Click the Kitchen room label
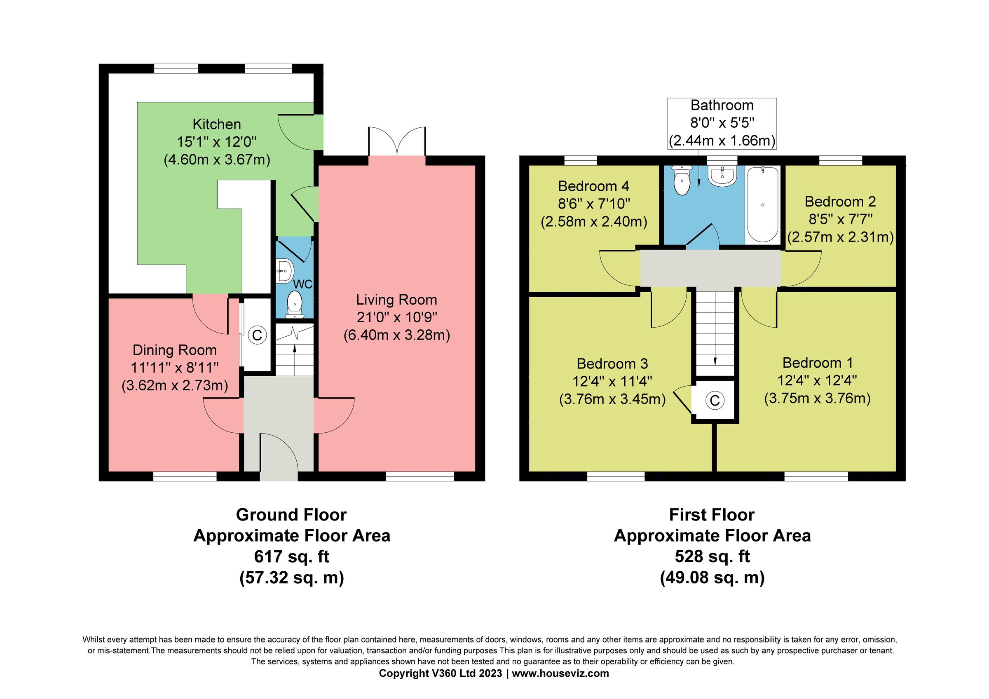click(x=217, y=124)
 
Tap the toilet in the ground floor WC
click(x=295, y=304)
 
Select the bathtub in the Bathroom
click(x=762, y=205)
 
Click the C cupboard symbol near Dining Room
click(x=257, y=335)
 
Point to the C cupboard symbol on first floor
click(x=715, y=401)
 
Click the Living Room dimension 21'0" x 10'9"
click(x=396, y=317)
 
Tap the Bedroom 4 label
click(x=593, y=186)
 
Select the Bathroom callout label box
click(x=722, y=123)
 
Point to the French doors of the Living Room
click(x=397, y=142)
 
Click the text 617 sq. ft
click(x=291, y=556)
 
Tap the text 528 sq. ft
click(x=712, y=556)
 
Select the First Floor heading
click(x=712, y=515)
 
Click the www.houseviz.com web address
click(x=560, y=673)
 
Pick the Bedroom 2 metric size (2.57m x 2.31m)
click(x=840, y=237)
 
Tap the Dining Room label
click(x=174, y=350)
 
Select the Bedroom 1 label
click(x=817, y=363)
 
